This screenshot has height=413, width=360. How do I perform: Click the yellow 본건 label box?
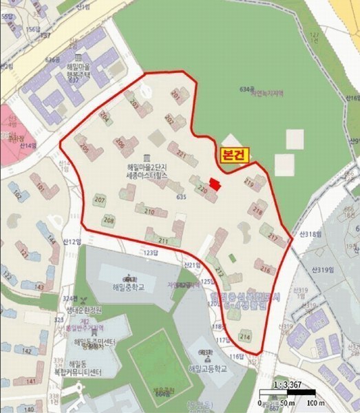pos(235,156)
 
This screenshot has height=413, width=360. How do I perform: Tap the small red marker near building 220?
pos(215,184)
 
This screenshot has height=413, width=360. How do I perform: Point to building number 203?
pos(134,105)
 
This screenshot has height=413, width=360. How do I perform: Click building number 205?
pos(84,147)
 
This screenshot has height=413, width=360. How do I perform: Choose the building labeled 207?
pos(99,200)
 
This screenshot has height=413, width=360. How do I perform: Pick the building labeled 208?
pos(108,220)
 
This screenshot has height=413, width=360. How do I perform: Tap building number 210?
pos(150,211)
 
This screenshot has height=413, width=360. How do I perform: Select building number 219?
pos(249,184)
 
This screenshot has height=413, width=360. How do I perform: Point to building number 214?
pos(245,336)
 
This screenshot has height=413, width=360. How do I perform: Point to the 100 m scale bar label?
pos(316,402)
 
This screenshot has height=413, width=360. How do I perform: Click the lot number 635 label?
pos(182,198)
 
